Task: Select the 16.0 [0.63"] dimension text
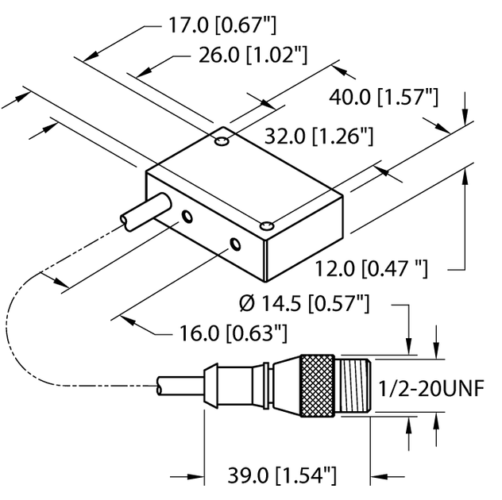(x=230, y=331)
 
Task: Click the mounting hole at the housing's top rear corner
(x=222, y=142)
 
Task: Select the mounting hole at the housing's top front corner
(x=267, y=227)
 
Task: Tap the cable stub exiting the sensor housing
(x=142, y=210)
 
